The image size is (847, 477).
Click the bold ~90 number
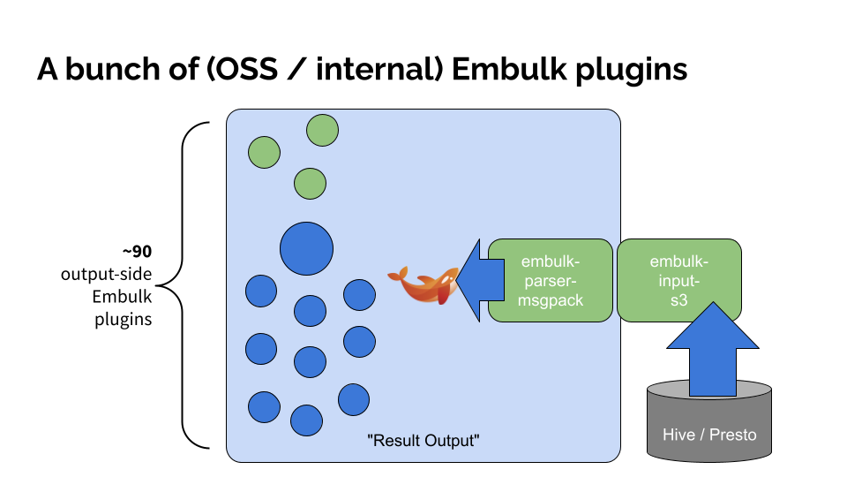137,253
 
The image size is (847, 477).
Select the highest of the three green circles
323,130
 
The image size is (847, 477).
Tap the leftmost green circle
264,152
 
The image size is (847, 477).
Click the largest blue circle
306,248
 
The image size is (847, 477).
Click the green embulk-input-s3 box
678,280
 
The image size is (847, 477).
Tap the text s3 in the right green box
678,300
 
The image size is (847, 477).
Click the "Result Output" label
423,439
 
